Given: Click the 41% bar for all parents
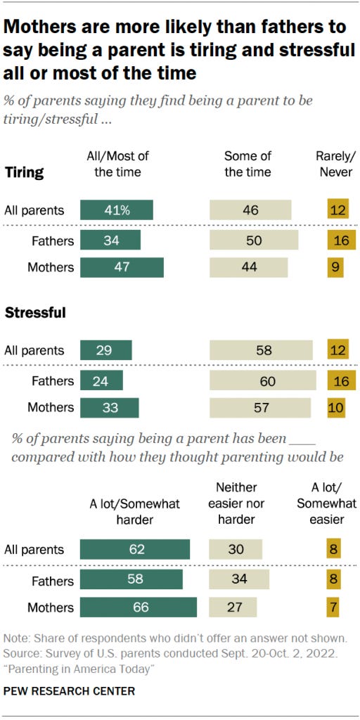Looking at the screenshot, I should [x=116, y=210].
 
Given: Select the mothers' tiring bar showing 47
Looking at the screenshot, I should [x=122, y=267].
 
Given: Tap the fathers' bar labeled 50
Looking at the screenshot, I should [x=253, y=240].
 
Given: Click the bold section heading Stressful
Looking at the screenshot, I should [x=35, y=314].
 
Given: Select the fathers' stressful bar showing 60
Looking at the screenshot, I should [x=262, y=380].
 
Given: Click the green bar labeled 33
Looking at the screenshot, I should [x=109, y=408].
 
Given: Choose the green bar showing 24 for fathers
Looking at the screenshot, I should [x=101, y=380].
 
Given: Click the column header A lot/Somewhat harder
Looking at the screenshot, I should [x=135, y=511].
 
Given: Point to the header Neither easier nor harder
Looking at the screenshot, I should [x=237, y=503].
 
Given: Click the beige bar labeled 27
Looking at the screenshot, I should [x=233, y=607].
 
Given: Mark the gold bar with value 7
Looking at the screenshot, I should [x=333, y=607].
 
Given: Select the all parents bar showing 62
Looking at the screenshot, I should [x=135, y=550].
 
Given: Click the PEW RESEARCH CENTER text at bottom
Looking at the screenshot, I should [x=70, y=691].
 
